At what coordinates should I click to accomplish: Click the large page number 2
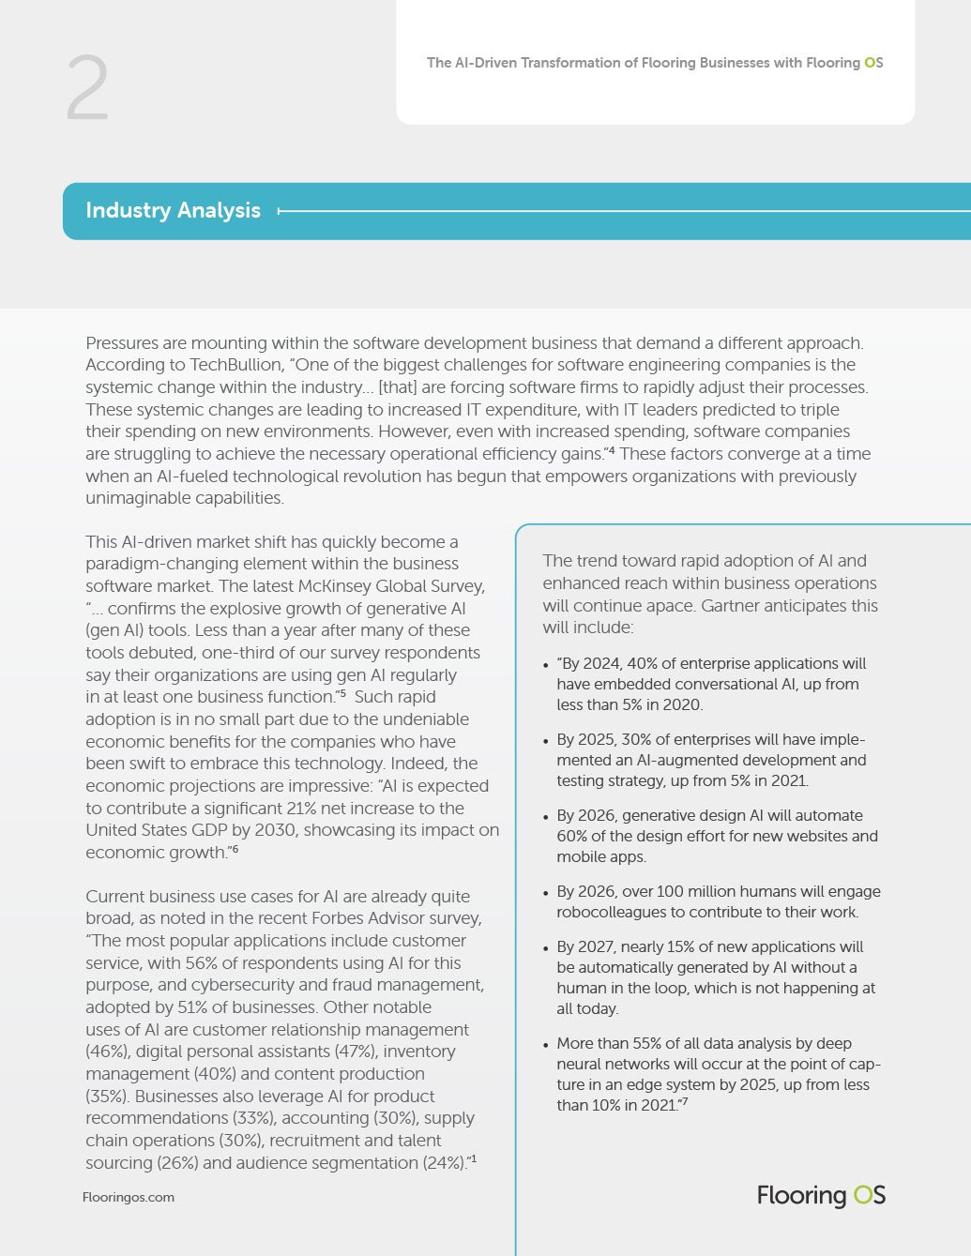click(x=87, y=88)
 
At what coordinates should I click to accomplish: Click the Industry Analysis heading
click(x=173, y=210)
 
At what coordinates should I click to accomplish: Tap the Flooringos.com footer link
click(x=129, y=1197)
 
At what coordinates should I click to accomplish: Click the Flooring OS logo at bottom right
click(x=821, y=1195)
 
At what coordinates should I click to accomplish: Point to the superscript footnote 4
click(x=611, y=451)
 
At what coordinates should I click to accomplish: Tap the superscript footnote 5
click(x=343, y=694)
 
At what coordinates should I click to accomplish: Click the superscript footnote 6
click(x=235, y=849)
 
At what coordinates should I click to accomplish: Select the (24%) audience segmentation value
click(x=442, y=1163)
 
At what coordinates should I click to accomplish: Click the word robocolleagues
click(x=611, y=912)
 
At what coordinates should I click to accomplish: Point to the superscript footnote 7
click(x=685, y=1102)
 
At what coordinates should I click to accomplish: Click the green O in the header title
click(x=869, y=63)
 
